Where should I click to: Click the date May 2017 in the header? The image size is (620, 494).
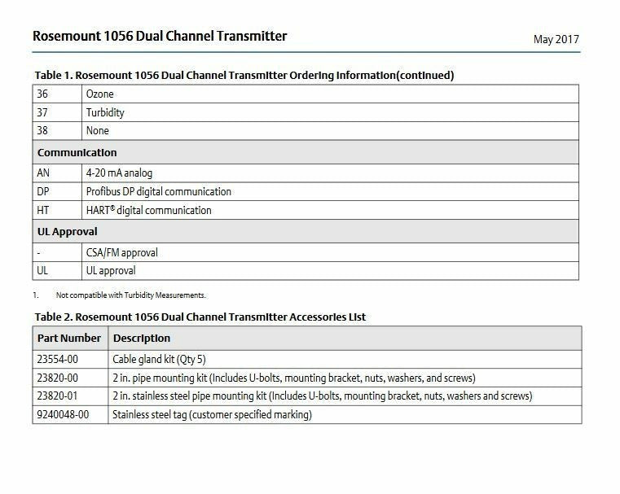556,39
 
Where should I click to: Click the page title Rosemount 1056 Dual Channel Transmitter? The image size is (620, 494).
160,37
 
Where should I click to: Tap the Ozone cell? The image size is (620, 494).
100,94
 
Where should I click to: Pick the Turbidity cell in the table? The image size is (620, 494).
105,112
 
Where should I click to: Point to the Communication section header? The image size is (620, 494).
77,152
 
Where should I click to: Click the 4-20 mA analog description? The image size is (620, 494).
119,173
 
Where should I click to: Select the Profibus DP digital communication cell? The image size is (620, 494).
159,191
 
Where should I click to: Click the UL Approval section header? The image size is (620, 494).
68,231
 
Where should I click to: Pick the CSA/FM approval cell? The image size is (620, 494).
122,252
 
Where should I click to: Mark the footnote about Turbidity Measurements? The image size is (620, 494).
130,295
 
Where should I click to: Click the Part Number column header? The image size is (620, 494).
69,338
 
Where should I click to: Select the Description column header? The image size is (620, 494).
142,338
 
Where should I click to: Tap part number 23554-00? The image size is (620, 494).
58,359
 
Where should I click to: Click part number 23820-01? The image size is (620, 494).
58,396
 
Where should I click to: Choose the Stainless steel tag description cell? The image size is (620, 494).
212,414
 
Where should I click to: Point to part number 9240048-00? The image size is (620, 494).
63,414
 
